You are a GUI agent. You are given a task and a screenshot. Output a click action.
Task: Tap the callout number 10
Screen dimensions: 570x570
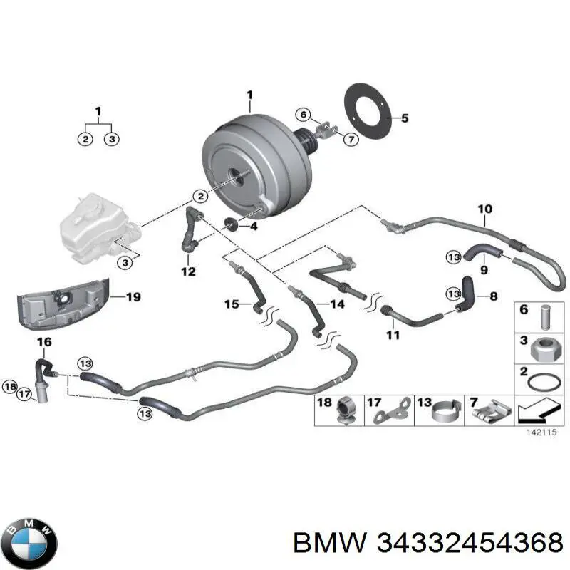[x=484, y=209]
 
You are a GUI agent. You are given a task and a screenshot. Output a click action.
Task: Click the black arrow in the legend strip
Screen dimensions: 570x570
[x=532, y=412]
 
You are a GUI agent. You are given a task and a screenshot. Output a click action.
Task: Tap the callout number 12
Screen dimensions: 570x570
[x=188, y=271]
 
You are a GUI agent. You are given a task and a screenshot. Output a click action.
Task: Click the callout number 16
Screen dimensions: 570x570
[x=44, y=343]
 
